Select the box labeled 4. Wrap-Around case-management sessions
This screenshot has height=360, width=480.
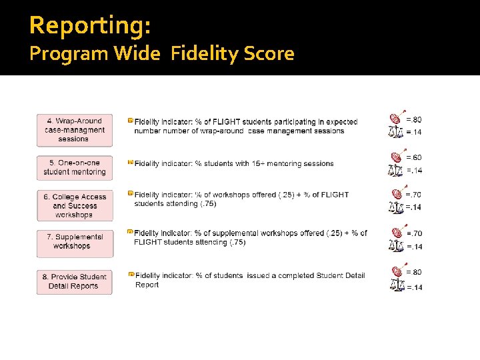pos(74,130)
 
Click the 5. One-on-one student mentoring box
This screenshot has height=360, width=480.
pos(74,167)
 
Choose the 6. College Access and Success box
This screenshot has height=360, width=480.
pos(74,206)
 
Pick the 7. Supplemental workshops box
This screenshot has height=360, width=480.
pos(74,241)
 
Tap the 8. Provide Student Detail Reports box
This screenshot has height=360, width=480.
pos(74,281)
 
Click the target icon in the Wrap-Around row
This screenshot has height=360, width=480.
pos(396,118)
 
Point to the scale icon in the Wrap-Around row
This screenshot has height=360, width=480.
pos(396,131)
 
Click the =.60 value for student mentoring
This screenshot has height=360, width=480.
pos(414,157)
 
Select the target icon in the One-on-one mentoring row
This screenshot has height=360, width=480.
pos(396,157)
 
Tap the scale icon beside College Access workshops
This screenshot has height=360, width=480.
pos(396,207)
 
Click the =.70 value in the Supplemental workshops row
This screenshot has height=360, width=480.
pos(414,233)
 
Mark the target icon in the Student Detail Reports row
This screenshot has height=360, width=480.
pos(396,271)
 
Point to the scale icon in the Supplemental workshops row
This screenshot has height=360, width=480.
pos(396,246)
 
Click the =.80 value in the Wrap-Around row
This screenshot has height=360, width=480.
pos(414,120)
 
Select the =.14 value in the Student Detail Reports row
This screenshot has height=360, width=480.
pos(414,287)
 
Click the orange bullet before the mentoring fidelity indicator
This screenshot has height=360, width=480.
pos(130,161)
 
